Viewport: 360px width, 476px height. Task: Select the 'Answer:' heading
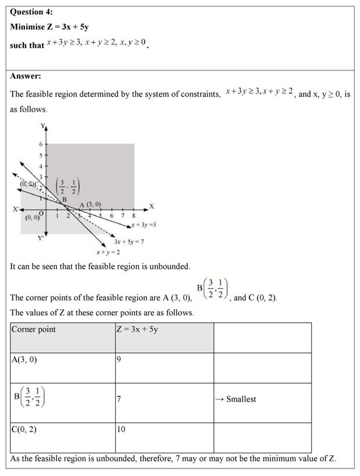click(x=26, y=76)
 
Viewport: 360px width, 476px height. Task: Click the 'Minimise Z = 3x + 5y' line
click(x=49, y=27)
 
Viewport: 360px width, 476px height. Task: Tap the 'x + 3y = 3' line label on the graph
click(x=143, y=224)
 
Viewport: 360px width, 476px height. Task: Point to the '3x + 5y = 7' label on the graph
click(x=129, y=241)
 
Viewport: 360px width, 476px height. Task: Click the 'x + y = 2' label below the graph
click(x=108, y=252)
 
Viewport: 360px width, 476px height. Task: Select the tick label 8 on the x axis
click(x=133, y=216)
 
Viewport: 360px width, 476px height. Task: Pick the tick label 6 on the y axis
click(x=40, y=144)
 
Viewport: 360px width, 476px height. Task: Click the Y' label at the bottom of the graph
click(x=40, y=238)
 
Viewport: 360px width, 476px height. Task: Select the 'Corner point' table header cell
click(x=34, y=329)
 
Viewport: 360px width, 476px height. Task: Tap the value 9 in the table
click(x=119, y=360)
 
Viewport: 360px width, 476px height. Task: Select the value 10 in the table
click(x=121, y=429)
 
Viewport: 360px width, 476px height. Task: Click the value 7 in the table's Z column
click(x=119, y=399)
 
